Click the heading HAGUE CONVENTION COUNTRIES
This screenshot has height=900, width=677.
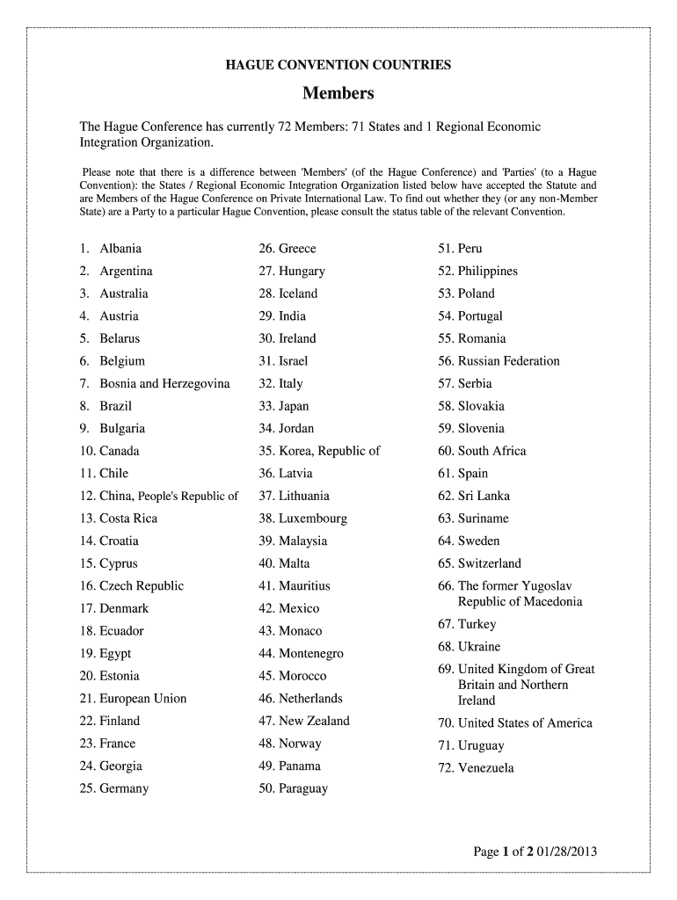coord(338,65)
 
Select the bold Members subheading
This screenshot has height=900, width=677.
coord(338,93)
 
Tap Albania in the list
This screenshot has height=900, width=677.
coord(120,249)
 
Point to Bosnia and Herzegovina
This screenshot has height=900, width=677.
coord(164,384)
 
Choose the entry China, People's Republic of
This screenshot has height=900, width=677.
coord(169,497)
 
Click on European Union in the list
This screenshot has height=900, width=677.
coord(142,699)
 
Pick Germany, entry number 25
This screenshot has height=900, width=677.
coord(124,789)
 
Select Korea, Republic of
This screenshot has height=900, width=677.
coord(329,452)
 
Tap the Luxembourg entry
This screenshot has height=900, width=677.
coord(312,519)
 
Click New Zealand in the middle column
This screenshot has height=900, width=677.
coord(314,722)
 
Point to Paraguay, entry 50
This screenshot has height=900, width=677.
coord(302,789)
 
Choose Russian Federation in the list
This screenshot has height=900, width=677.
coord(508,361)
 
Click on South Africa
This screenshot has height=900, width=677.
coord(491,452)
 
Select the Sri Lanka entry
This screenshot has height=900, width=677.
coord(484,497)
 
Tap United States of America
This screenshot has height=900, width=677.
coord(525,723)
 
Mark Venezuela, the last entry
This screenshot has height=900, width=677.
coord(485,769)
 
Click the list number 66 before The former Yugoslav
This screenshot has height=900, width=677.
coord(445,586)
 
